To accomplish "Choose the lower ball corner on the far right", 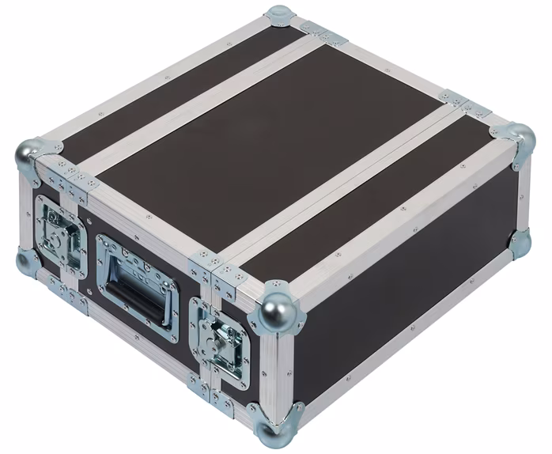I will pyautogui.click(x=520, y=243).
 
